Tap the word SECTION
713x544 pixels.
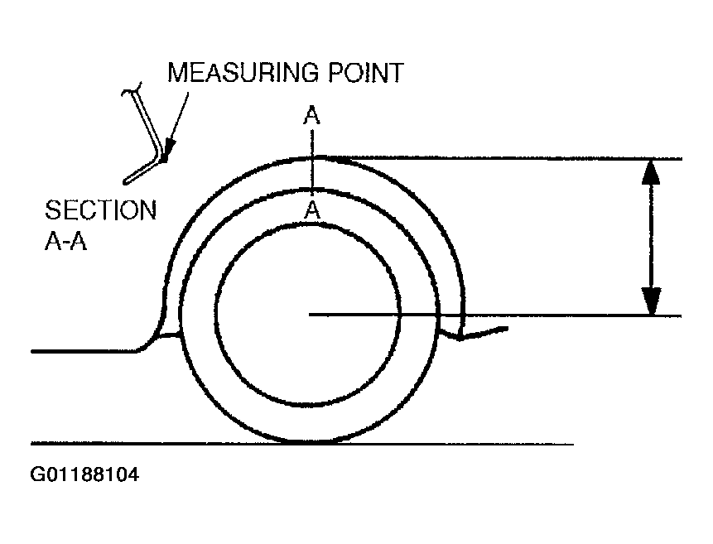[x=101, y=209]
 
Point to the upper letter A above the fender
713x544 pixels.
[x=311, y=116]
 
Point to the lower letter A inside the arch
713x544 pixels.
[x=311, y=211]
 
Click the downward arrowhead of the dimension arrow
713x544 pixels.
[x=652, y=301]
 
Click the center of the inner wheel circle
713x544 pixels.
[x=307, y=315]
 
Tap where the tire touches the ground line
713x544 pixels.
[x=306, y=444]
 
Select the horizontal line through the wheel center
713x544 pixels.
[x=497, y=315]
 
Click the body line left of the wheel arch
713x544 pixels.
[x=83, y=351]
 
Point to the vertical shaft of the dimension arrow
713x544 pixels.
[x=652, y=236]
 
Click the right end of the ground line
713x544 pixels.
[x=571, y=445]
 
